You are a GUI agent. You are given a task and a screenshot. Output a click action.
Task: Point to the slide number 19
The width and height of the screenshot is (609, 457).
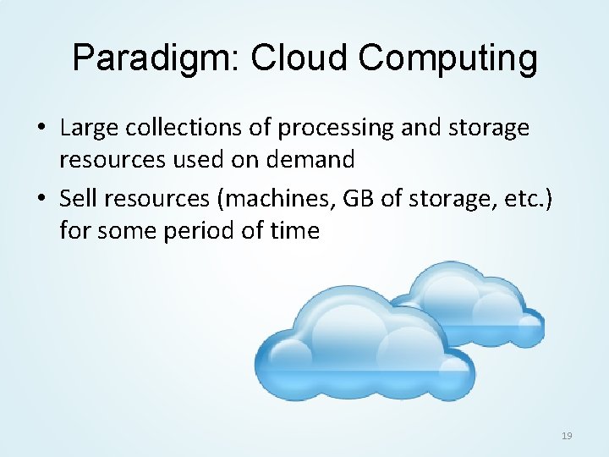[566, 436]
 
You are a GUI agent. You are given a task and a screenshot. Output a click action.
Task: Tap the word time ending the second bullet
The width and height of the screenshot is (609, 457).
[292, 229]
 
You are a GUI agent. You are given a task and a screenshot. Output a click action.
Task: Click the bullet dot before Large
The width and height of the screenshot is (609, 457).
[41, 129]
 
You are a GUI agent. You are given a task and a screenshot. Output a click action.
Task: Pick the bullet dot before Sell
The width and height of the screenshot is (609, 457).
[41, 199]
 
